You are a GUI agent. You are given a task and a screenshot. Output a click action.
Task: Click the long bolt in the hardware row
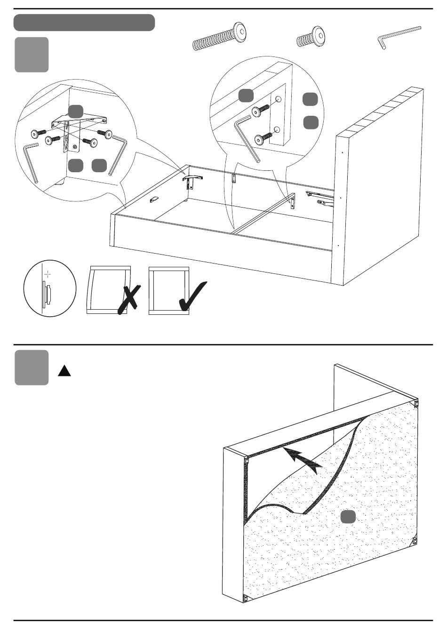(220, 37)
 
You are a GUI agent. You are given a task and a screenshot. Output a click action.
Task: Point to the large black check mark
(193, 297)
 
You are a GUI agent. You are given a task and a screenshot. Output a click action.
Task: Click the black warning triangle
(64, 371)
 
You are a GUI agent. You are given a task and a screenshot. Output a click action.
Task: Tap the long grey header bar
(84, 23)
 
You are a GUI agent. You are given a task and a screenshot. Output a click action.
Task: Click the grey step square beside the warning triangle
(32, 368)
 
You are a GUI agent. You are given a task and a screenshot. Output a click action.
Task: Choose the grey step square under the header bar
(32, 55)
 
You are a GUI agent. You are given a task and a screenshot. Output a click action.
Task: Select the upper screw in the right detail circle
(260, 111)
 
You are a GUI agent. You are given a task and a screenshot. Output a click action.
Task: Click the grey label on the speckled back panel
(348, 516)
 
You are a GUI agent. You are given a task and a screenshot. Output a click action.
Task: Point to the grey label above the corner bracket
(76, 112)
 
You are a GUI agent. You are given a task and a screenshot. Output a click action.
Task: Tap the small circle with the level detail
(50, 288)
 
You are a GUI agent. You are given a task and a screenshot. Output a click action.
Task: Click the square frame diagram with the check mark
(168, 291)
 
